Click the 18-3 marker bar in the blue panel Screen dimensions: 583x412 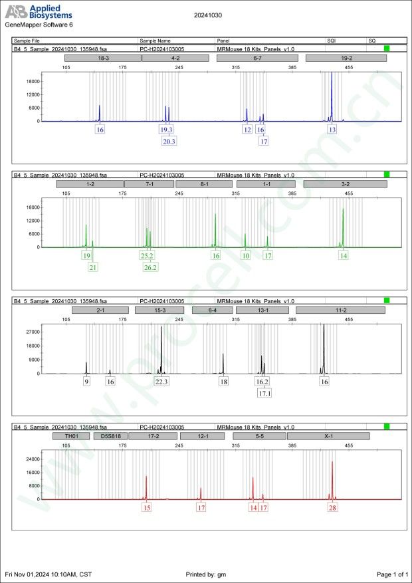point(103,58)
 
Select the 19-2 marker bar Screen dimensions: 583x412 point(346,58)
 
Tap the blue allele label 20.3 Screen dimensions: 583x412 point(168,141)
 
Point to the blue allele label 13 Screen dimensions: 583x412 point(332,130)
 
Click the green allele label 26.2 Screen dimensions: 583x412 point(151,267)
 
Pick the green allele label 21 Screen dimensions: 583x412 point(93,267)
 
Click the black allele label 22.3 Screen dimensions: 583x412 point(161,382)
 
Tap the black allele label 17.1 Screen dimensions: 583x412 point(264,394)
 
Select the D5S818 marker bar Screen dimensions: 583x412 point(108,436)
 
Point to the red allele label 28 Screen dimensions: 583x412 point(332,508)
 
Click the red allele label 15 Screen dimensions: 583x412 point(147,508)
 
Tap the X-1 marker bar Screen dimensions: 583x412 point(328,436)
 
